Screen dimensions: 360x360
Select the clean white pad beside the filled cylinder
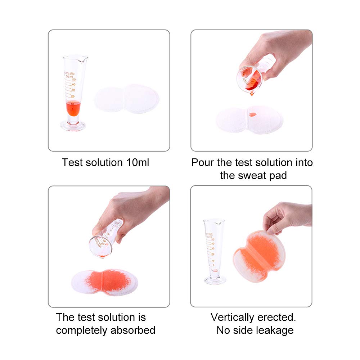[127, 98]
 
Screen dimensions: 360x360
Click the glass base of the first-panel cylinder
[73, 126]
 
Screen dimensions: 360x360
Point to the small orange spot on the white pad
[252, 114]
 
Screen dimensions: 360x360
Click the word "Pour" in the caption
[203, 162]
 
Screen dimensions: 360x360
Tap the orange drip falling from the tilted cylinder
[252, 93]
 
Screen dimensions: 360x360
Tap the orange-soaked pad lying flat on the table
[104, 280]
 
